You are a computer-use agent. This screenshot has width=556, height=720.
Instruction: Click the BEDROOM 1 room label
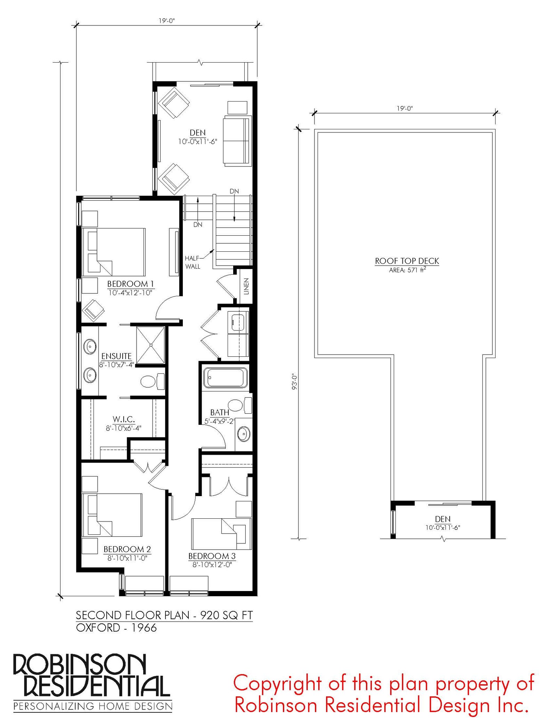130,284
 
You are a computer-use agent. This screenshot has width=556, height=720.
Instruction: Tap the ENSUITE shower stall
150,345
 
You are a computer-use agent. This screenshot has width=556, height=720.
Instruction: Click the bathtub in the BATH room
226,377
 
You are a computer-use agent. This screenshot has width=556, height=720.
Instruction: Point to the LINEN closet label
246,286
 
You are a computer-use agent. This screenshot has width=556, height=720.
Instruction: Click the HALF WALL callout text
193,262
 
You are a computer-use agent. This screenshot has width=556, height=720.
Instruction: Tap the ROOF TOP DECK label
407,261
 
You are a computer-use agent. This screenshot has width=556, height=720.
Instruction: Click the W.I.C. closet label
124,419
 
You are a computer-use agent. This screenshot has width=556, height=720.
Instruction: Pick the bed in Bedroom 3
221,534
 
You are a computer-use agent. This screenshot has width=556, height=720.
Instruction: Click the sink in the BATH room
243,434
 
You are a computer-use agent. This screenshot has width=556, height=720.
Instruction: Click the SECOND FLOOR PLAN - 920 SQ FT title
164,615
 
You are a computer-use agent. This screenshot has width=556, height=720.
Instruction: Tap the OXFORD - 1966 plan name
116,628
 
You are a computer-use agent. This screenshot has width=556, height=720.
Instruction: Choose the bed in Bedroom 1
113,252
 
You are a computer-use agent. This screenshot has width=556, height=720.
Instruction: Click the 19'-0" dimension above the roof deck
404,108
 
